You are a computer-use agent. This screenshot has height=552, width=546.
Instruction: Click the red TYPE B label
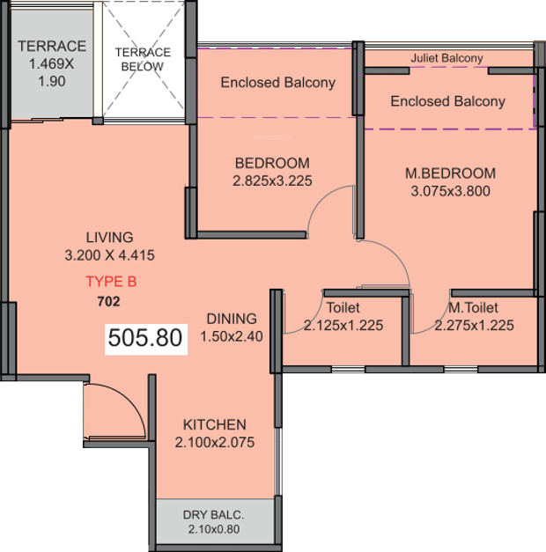tap(111, 282)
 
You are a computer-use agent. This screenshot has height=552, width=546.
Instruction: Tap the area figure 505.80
tap(145, 337)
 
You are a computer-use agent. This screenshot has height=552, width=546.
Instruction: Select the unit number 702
tap(108, 302)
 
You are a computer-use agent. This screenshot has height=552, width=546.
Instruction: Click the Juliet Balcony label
tap(446, 58)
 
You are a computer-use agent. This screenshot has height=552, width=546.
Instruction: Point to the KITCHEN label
tap(215, 424)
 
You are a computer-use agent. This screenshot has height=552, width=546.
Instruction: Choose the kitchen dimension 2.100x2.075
tap(215, 443)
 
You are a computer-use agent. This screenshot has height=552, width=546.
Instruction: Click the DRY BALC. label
tap(213, 515)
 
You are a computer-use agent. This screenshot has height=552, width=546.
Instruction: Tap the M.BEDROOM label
tap(450, 173)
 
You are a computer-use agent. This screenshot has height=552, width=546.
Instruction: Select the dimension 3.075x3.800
tap(450, 191)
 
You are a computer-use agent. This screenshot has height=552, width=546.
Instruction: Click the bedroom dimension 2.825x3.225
tap(272, 180)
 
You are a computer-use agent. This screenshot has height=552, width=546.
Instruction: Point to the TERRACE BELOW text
tap(143, 59)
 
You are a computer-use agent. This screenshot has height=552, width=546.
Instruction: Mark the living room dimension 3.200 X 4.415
tap(109, 255)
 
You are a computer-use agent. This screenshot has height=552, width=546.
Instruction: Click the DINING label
tap(232, 319)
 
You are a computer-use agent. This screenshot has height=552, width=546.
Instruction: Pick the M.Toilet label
tap(474, 307)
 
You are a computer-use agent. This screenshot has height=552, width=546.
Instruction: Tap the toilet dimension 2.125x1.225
tap(343, 325)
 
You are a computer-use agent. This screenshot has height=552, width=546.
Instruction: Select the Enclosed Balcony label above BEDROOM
tap(278, 83)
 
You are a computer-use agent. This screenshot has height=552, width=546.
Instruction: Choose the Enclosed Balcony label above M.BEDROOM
tap(447, 101)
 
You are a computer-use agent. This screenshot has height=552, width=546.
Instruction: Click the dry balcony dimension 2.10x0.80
tap(213, 529)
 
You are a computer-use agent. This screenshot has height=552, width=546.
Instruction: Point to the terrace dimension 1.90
tap(52, 81)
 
